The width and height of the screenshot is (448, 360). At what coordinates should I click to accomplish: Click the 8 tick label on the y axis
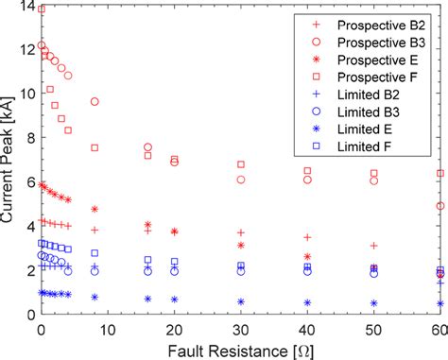(29, 139)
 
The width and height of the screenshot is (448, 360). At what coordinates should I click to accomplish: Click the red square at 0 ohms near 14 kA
(41, 9)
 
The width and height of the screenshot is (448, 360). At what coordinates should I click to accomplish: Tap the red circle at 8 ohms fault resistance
(95, 101)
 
